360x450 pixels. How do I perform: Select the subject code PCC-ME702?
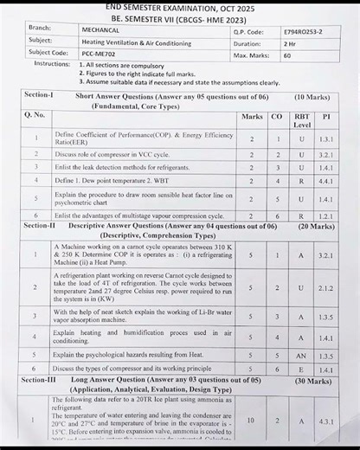[x=97, y=53]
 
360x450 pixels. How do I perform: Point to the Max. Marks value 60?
[x=286, y=54]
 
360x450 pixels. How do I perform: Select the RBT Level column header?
[x=301, y=119]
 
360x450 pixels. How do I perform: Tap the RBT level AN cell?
[x=301, y=355]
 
